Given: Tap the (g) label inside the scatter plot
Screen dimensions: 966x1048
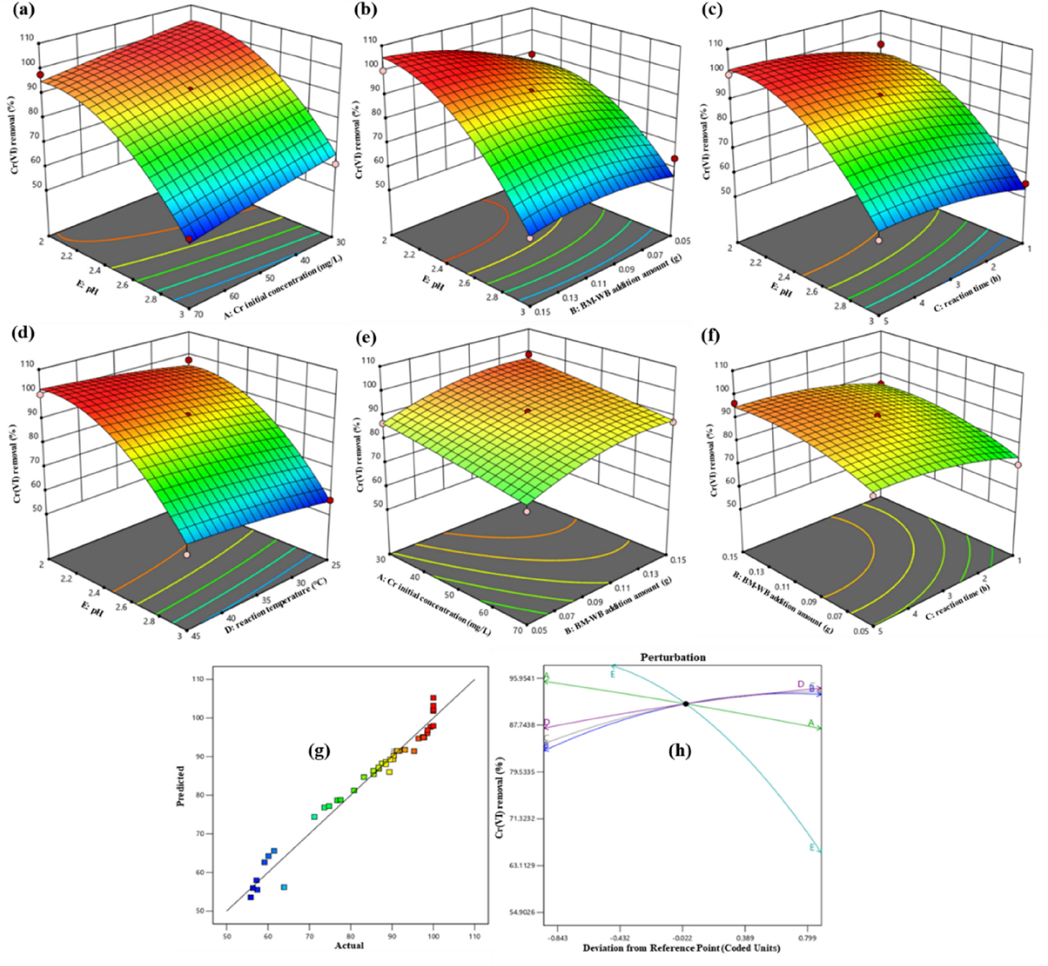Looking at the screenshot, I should point(319,751).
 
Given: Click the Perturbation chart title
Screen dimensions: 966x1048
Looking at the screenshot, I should point(673,657).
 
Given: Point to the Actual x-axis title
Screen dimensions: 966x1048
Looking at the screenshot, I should point(349,945).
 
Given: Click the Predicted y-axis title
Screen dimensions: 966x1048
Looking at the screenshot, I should point(180,785).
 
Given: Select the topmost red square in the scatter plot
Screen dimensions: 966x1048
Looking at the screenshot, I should point(433,698).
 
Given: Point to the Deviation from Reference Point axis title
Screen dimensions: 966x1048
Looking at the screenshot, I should point(681,948).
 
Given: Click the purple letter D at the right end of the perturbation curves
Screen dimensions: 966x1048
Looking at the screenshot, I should point(800,684).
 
